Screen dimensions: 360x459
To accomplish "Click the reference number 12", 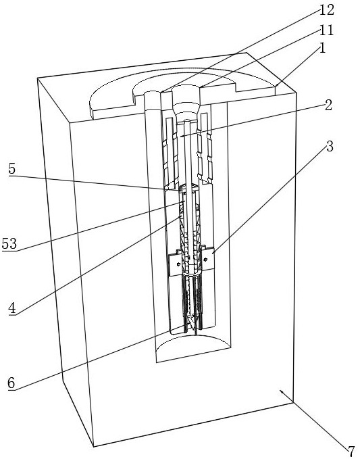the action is click(x=327, y=11).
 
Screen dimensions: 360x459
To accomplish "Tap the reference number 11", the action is click(x=327, y=30).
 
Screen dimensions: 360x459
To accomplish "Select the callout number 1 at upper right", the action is click(x=322, y=48).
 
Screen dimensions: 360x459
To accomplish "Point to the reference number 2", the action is click(x=328, y=105).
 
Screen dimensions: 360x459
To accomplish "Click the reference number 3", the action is click(x=330, y=146).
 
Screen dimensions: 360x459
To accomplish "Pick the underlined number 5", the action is click(x=12, y=169).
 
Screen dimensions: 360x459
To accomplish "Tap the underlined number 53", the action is click(x=9, y=244).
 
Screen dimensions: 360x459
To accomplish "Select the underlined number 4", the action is click(x=12, y=308).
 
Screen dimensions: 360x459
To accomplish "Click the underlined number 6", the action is click(x=11, y=383).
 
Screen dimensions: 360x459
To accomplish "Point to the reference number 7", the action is click(x=351, y=451).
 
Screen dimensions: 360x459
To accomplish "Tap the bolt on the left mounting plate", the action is click(x=178, y=264).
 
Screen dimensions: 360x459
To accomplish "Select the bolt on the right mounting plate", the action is click(x=206, y=260).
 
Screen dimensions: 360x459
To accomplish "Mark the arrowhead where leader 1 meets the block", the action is click(x=276, y=86).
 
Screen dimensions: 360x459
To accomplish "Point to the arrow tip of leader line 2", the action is click(x=181, y=136).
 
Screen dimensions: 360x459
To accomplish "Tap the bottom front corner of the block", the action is click(x=94, y=447).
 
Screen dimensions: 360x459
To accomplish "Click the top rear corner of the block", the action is click(x=247, y=53).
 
